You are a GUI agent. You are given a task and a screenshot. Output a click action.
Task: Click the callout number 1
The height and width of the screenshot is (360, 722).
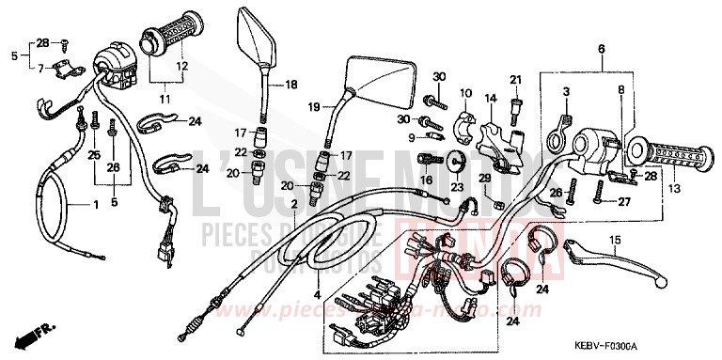(x=94, y=204)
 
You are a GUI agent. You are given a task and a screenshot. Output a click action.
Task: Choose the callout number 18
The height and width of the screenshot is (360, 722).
(x=290, y=85)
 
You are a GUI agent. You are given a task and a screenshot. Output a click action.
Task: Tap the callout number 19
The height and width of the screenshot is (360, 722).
(x=314, y=107)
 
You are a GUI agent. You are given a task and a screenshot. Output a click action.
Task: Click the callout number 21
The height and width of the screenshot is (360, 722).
(x=515, y=78)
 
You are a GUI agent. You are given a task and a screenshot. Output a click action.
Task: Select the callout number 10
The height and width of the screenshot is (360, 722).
(x=464, y=92)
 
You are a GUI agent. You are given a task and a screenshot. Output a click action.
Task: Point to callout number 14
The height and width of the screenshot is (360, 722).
(x=490, y=99)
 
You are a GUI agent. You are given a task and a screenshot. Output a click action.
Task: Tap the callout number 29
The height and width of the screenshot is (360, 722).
(x=485, y=179)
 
